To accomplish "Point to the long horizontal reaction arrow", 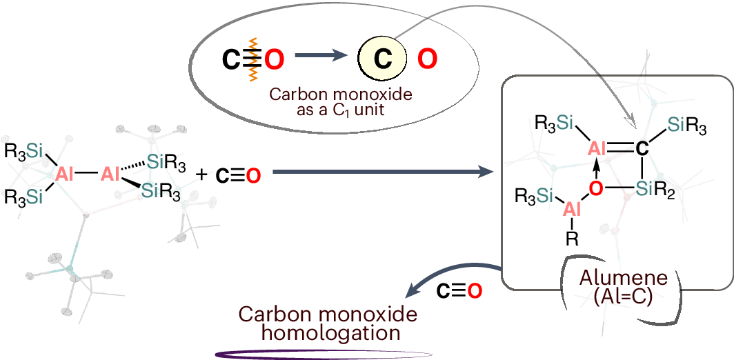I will [x=386, y=174].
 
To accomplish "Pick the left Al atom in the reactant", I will [x=66, y=174].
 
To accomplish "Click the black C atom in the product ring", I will [x=641, y=148].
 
